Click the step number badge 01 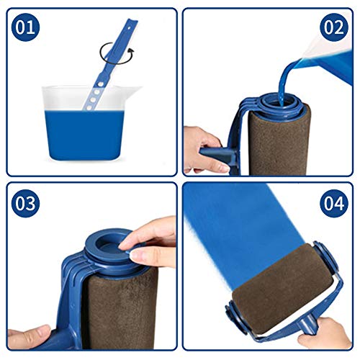24,28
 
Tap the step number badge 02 334,28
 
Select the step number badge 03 25,203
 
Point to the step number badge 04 333,203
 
